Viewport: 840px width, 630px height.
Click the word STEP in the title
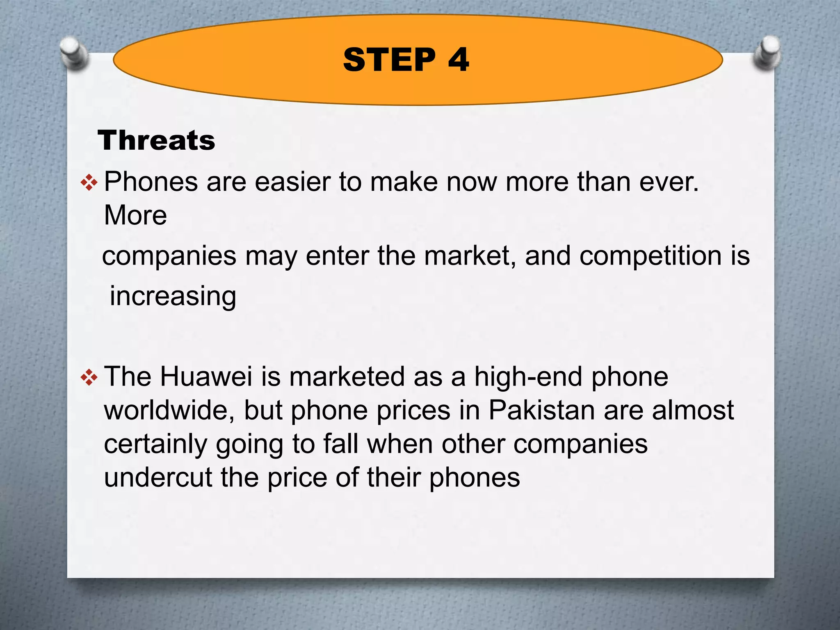coord(389,60)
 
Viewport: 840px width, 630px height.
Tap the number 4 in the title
coord(459,60)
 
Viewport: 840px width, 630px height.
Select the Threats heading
coord(156,140)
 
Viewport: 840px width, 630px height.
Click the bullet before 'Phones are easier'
coord(89,183)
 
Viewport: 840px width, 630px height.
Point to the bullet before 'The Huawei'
coord(89,377)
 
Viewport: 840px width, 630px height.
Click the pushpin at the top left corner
coord(74,52)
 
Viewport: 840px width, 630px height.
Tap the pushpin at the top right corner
coord(767,52)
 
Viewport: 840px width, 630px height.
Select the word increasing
coord(173,297)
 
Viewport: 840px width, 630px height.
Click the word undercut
coord(158,477)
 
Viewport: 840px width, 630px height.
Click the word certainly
coord(155,444)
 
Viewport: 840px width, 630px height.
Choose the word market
coord(470,256)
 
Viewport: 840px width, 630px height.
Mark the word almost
coord(693,410)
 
